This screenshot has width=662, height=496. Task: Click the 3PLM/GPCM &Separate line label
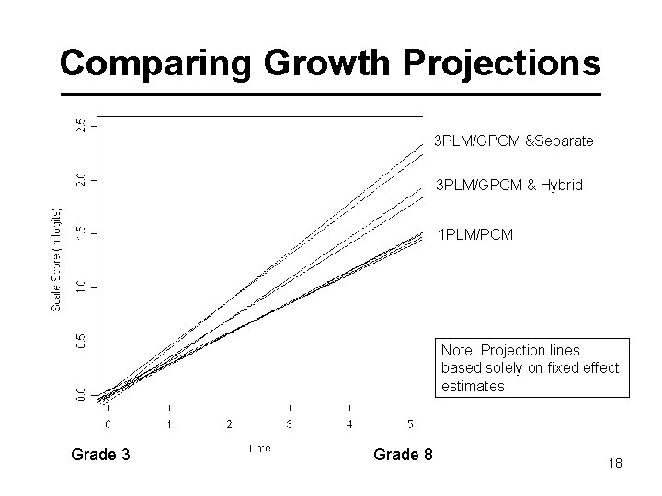514,141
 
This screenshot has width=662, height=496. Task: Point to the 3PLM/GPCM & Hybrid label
508,186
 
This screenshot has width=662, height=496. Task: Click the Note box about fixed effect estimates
531,368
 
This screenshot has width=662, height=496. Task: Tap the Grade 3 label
105,456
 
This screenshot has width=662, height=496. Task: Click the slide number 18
615,464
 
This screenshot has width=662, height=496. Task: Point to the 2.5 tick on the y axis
80,124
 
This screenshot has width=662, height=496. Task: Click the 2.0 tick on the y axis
80,177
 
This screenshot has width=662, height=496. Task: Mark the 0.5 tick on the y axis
80,341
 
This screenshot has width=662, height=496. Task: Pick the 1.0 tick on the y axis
80,287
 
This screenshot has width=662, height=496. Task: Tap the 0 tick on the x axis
108,423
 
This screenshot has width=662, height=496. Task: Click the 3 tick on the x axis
290,423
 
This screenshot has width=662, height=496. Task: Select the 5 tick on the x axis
410,423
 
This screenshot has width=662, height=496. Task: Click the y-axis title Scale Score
56,260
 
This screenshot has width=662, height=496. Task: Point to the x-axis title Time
259,446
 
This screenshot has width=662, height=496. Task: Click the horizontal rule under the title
330,96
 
